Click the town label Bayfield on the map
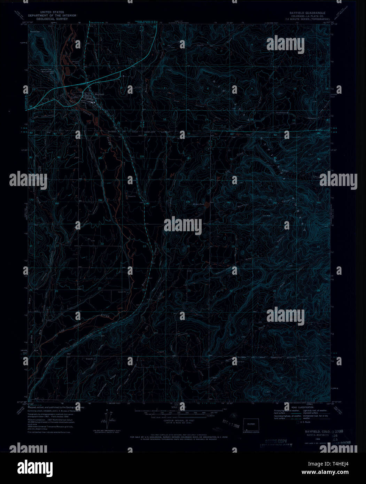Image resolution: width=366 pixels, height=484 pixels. pyautogui.click(x=100, y=94)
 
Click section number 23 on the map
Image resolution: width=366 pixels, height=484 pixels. pyautogui.click(x=145, y=246)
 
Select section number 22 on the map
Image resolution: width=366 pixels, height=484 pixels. pyautogui.click(x=102, y=244)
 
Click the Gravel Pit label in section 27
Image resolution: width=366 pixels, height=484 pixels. pyautogui.click(x=122, y=292)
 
